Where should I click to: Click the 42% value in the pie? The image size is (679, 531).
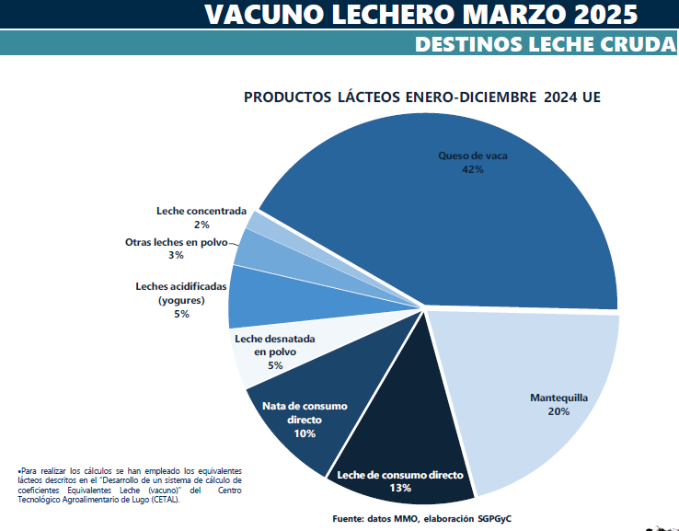(x=473, y=170)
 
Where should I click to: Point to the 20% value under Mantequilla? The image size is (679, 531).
(x=558, y=411)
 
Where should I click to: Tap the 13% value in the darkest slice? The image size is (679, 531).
(x=400, y=488)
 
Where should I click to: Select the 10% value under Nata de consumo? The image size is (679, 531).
(x=305, y=433)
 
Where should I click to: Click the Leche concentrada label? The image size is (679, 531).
(x=201, y=211)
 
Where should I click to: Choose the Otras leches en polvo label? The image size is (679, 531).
(x=175, y=242)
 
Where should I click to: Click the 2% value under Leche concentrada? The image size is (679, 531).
(x=201, y=225)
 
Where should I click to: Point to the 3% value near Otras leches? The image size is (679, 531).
(x=176, y=256)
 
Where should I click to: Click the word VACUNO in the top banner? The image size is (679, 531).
(x=261, y=14)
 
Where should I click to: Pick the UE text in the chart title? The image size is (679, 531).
(x=591, y=97)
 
